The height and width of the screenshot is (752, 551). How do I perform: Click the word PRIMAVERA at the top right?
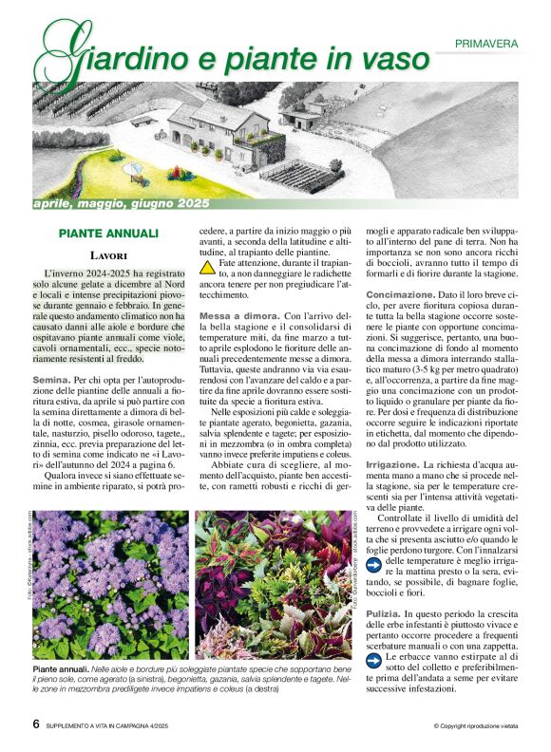coord(485,44)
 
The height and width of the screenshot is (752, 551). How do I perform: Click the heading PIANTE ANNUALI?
coord(107,233)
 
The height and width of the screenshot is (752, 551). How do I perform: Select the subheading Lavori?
coord(109,255)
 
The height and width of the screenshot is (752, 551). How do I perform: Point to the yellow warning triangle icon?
coord(207,268)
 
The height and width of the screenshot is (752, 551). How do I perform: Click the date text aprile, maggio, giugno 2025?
coord(121,203)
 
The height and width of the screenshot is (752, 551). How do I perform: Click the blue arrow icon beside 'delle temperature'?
coord(374,561)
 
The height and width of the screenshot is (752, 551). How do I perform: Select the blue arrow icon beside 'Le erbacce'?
coord(374,656)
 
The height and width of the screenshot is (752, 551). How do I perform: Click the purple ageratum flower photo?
coord(113,584)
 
